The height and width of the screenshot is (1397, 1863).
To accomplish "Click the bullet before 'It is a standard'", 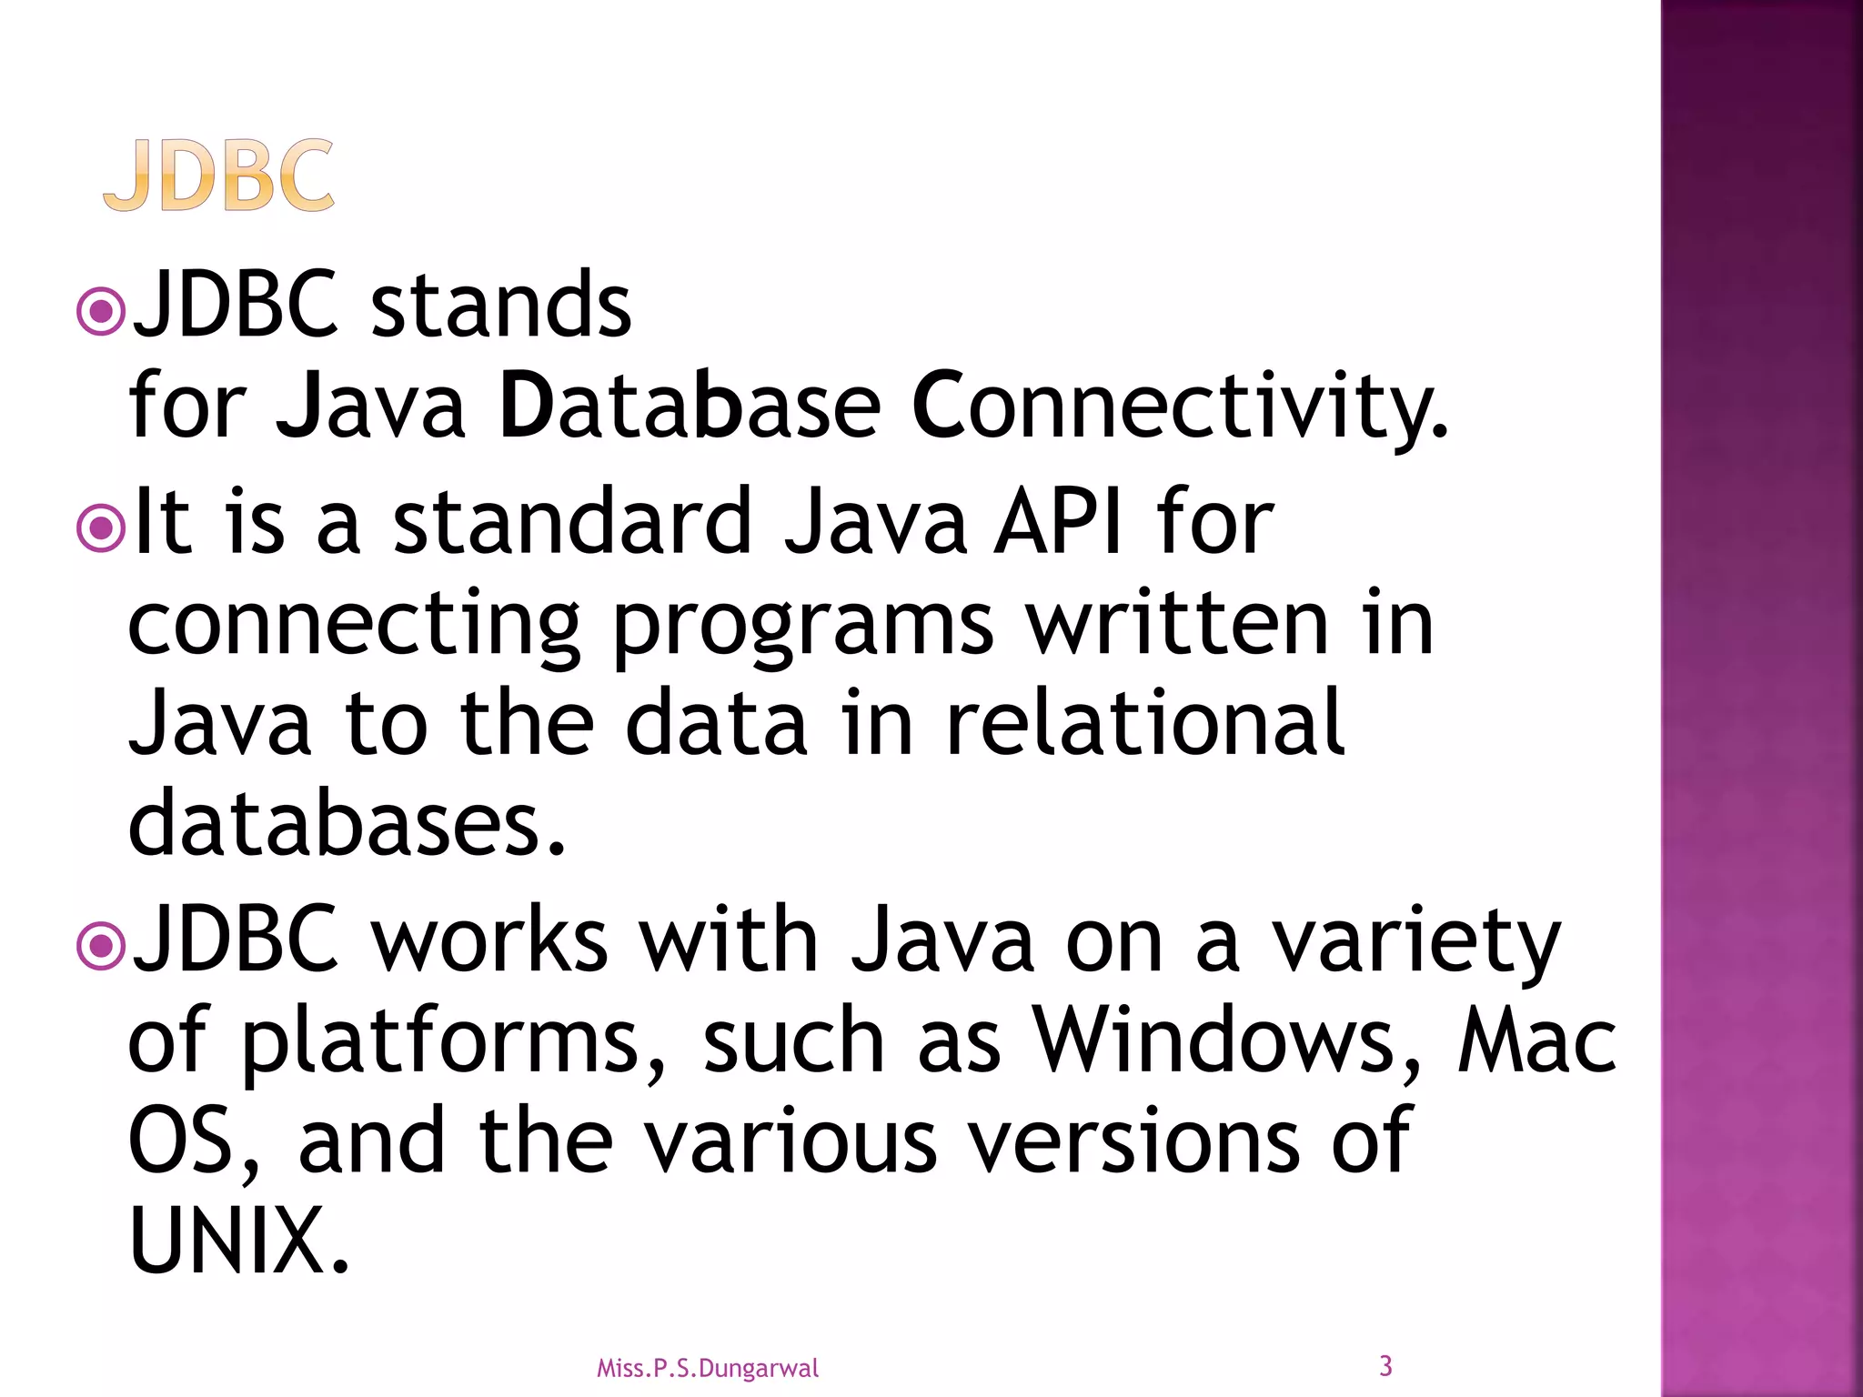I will (100, 528).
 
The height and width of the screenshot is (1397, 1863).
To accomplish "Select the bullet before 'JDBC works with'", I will (100, 947).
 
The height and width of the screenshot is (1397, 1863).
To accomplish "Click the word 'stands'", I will (500, 306).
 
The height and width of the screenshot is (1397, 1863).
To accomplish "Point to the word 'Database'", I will (690, 406).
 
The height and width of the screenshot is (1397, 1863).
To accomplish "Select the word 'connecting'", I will (355, 628).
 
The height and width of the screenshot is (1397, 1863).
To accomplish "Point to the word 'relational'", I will (1144, 724).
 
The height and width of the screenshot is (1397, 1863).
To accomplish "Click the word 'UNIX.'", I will (238, 1241).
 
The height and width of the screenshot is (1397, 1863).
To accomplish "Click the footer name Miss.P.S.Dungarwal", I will (707, 1368).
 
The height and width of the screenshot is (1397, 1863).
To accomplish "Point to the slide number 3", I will (1385, 1365).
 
